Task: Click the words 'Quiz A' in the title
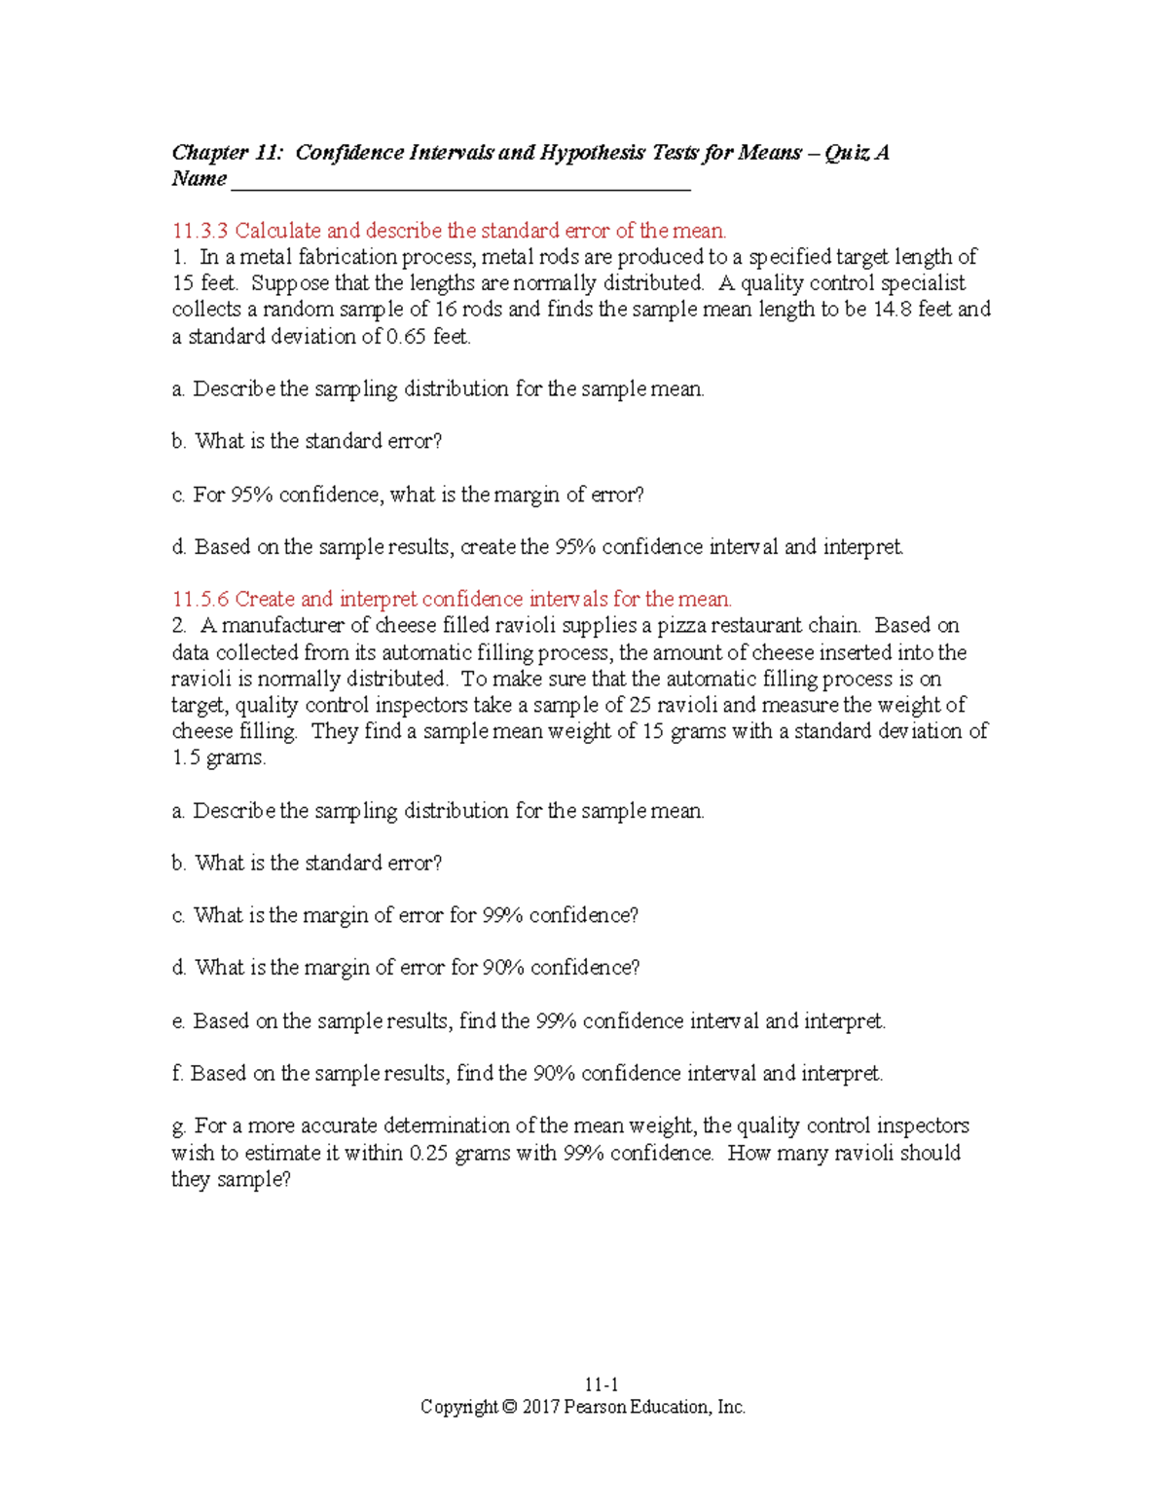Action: pyautogui.click(x=856, y=153)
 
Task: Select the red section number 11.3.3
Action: pyautogui.click(x=200, y=231)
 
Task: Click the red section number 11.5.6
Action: pyautogui.click(x=200, y=599)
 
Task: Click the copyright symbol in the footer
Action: pyautogui.click(x=509, y=1407)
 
